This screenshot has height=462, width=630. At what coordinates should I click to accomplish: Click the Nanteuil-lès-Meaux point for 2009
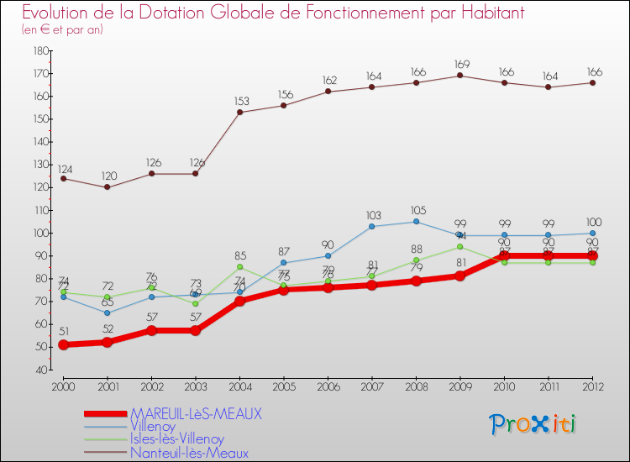pyautogui.click(x=459, y=76)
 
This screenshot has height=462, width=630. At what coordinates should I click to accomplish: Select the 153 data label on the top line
pyautogui.click(x=240, y=101)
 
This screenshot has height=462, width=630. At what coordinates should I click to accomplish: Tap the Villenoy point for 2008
pyautogui.click(x=416, y=222)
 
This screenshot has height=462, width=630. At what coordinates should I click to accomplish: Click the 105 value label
pyautogui.click(x=416, y=210)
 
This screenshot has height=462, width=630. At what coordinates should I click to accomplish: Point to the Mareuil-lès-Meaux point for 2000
pyautogui.click(x=63, y=344)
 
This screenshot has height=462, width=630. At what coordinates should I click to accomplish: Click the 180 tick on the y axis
pyautogui.click(x=39, y=51)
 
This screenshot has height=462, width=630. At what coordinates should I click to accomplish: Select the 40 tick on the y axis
pyautogui.click(x=39, y=370)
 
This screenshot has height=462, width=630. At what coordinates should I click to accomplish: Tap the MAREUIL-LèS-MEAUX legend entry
pyautogui.click(x=196, y=414)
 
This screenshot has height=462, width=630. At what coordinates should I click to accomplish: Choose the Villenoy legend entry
pyautogui.click(x=154, y=427)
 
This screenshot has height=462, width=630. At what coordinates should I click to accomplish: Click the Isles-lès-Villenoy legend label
pyautogui.click(x=177, y=439)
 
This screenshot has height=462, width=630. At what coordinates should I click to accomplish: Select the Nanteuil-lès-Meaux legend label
pyautogui.click(x=189, y=453)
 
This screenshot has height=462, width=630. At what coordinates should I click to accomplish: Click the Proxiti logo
pyautogui.click(x=533, y=424)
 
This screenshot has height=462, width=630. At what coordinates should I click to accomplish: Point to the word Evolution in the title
pyautogui.click(x=59, y=13)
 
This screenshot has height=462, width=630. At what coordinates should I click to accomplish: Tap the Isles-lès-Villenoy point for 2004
pyautogui.click(x=240, y=267)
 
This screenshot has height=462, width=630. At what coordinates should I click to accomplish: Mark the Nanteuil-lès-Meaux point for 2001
pyautogui.click(x=107, y=187)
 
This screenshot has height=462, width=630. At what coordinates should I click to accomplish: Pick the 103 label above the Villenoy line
pyautogui.click(x=372, y=215)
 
